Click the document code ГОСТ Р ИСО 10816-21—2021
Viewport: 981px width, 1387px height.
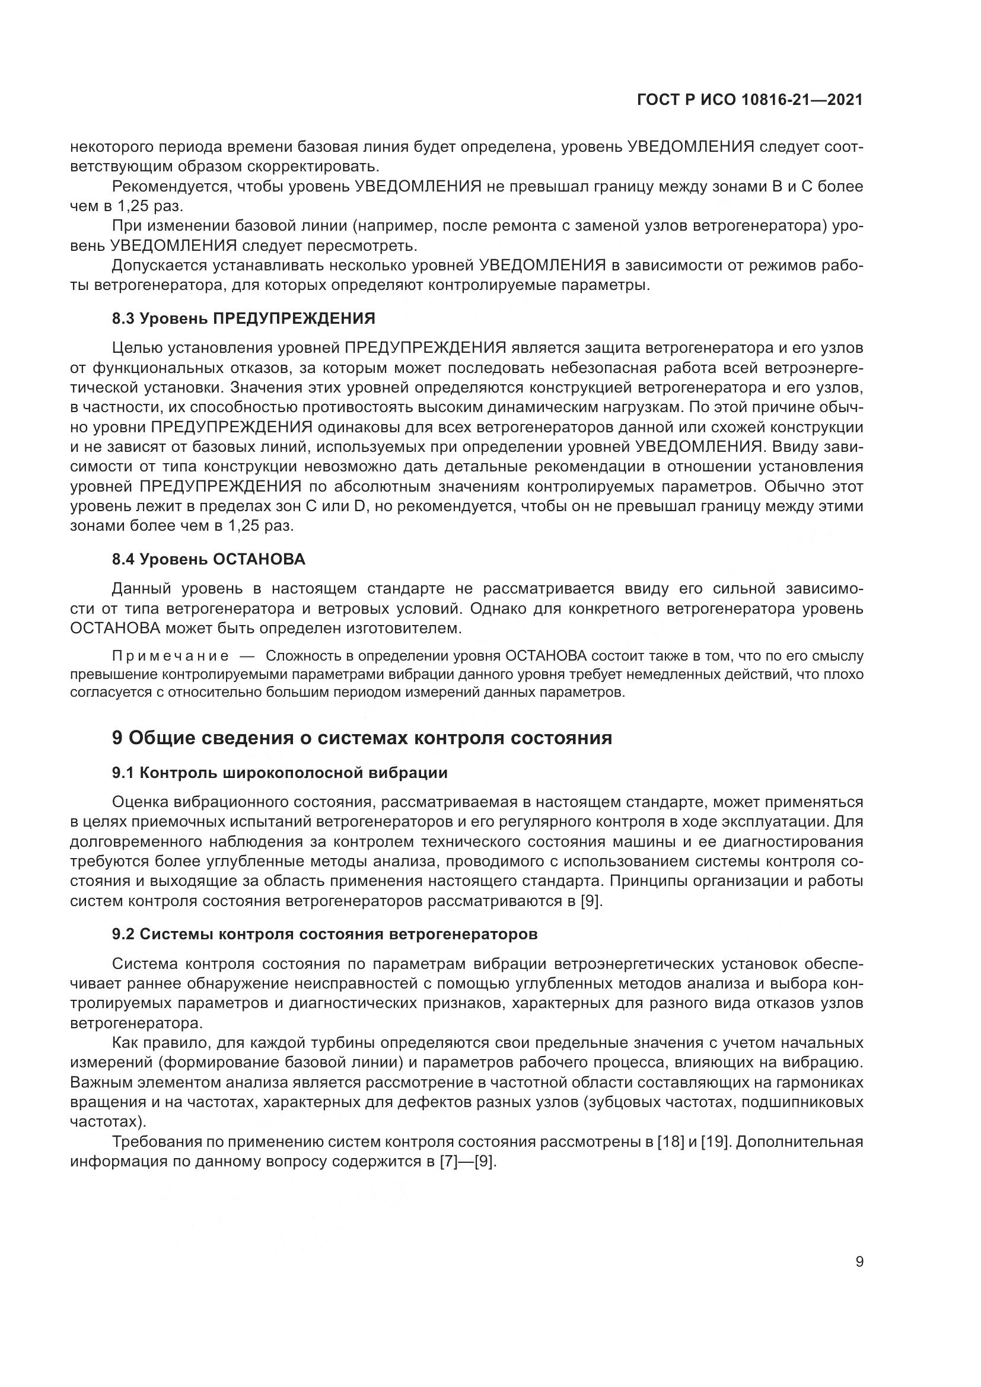(750, 100)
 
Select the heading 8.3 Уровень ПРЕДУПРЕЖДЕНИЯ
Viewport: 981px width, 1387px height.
(243, 318)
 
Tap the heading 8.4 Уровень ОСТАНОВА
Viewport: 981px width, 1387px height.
(208, 559)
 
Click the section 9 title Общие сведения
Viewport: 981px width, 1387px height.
(362, 738)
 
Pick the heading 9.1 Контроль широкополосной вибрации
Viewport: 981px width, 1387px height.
(280, 773)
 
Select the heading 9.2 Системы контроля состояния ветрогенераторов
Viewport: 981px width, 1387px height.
(324, 934)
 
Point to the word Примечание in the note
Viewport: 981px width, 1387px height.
(170, 656)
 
